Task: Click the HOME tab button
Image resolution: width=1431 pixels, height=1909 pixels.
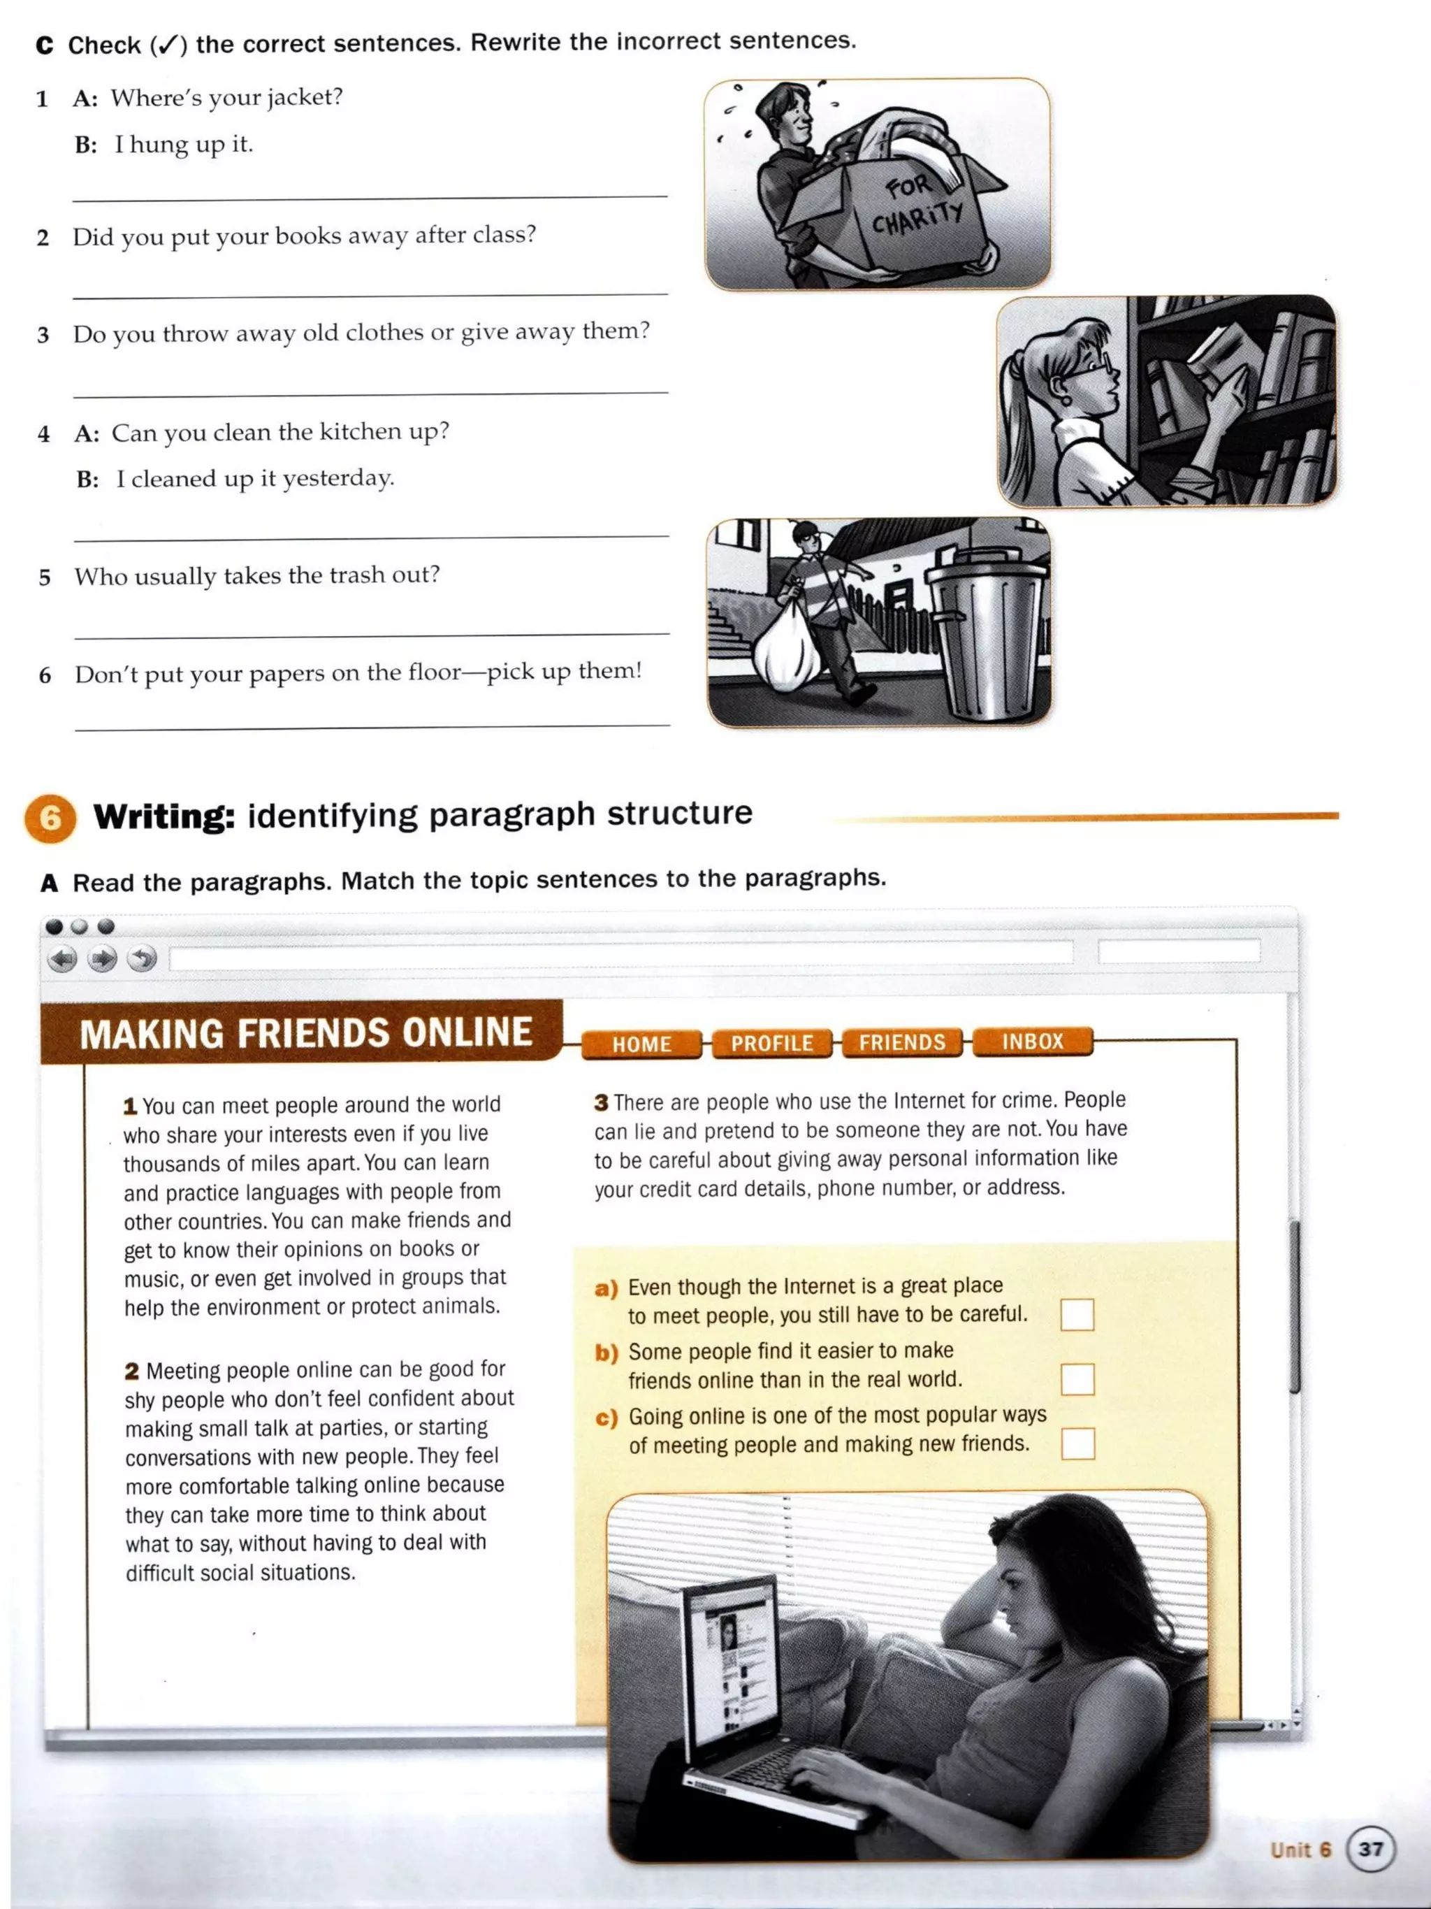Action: click(x=641, y=1044)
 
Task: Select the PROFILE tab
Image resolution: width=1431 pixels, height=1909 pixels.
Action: click(x=771, y=1044)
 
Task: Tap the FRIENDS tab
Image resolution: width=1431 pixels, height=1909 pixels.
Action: click(x=901, y=1042)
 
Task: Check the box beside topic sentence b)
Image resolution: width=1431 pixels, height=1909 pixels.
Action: click(x=1077, y=1379)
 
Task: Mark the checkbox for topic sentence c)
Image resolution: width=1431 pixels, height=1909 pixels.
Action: click(x=1077, y=1443)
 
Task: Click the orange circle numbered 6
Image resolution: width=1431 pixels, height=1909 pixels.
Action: click(x=50, y=818)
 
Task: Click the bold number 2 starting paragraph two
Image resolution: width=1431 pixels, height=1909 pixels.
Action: click(x=132, y=1371)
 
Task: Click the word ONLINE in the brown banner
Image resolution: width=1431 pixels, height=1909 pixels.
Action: click(x=467, y=1033)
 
